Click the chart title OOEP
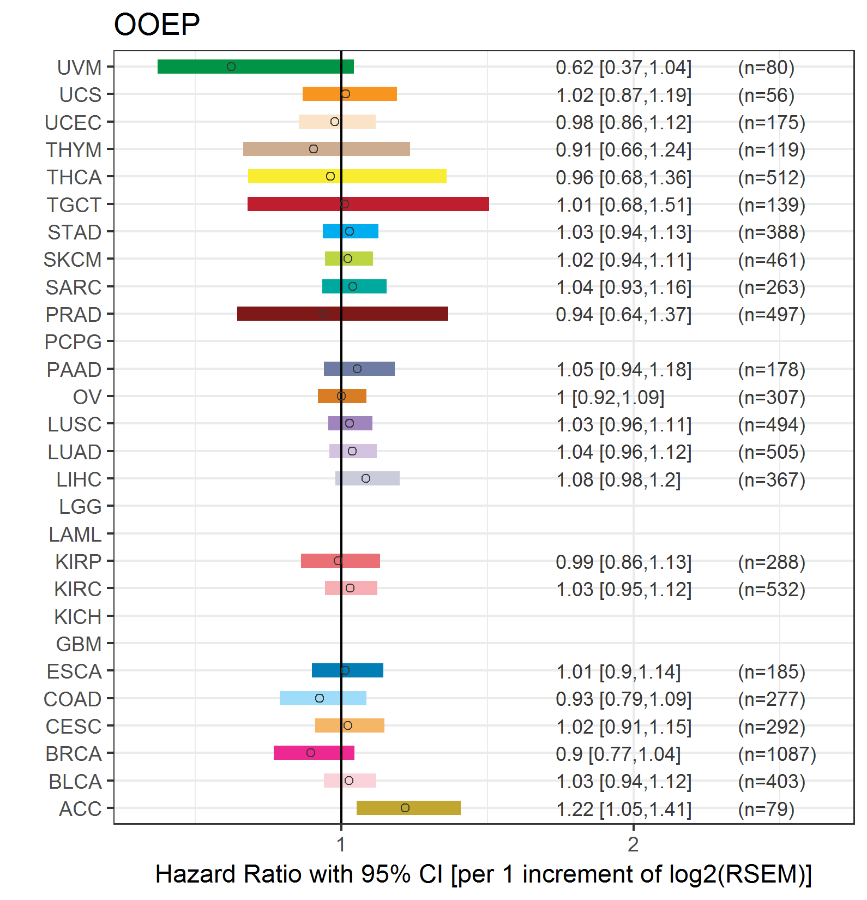click(156, 25)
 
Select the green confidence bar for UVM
click(255, 67)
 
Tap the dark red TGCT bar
click(368, 204)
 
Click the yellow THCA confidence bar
click(347, 176)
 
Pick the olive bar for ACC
click(408, 808)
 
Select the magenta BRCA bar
click(314, 753)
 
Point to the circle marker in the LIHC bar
click(366, 478)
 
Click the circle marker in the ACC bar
click(405, 808)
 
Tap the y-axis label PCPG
click(73, 342)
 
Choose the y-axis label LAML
click(75, 535)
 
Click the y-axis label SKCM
click(73, 260)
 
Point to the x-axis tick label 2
click(633, 844)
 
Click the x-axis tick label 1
click(341, 844)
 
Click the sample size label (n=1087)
click(776, 754)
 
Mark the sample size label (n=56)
click(766, 95)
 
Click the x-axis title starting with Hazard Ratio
click(483, 874)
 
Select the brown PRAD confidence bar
click(342, 314)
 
